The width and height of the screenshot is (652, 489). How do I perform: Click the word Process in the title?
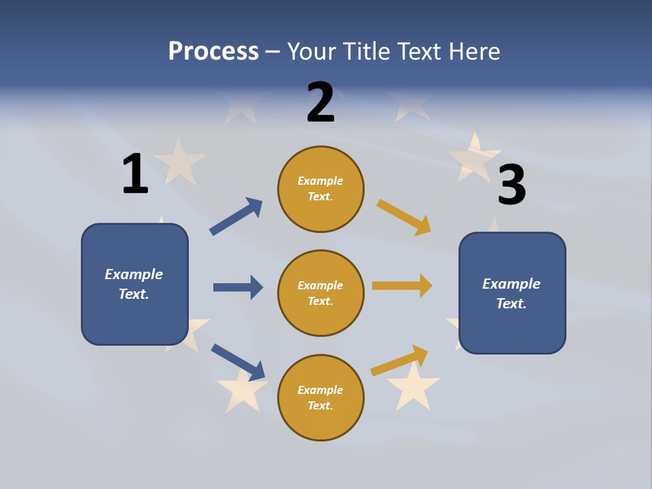[x=213, y=51]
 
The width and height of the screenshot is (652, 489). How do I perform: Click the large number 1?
[x=135, y=174]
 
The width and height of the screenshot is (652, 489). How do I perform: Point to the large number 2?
[x=321, y=103]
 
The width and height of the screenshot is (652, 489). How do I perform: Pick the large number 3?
[x=511, y=185]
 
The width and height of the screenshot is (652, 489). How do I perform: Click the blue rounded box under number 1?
[x=134, y=284]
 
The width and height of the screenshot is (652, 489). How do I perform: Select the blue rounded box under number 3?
[x=512, y=293]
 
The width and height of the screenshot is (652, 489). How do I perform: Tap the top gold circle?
[x=321, y=189]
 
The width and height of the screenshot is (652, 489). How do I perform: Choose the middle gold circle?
[x=321, y=293]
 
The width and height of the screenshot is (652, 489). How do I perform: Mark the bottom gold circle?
[x=321, y=398]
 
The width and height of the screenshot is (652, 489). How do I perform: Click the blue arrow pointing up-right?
[x=236, y=217]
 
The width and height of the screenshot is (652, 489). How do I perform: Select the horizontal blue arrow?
[x=238, y=287]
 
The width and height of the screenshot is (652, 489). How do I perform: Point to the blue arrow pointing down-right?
[x=238, y=362]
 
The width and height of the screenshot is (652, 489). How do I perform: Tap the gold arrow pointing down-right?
[x=403, y=217]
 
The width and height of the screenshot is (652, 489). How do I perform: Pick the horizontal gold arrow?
[x=402, y=286]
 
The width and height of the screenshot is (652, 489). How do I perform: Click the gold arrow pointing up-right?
[x=399, y=361]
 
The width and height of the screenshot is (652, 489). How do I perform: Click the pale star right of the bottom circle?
[x=413, y=387]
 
